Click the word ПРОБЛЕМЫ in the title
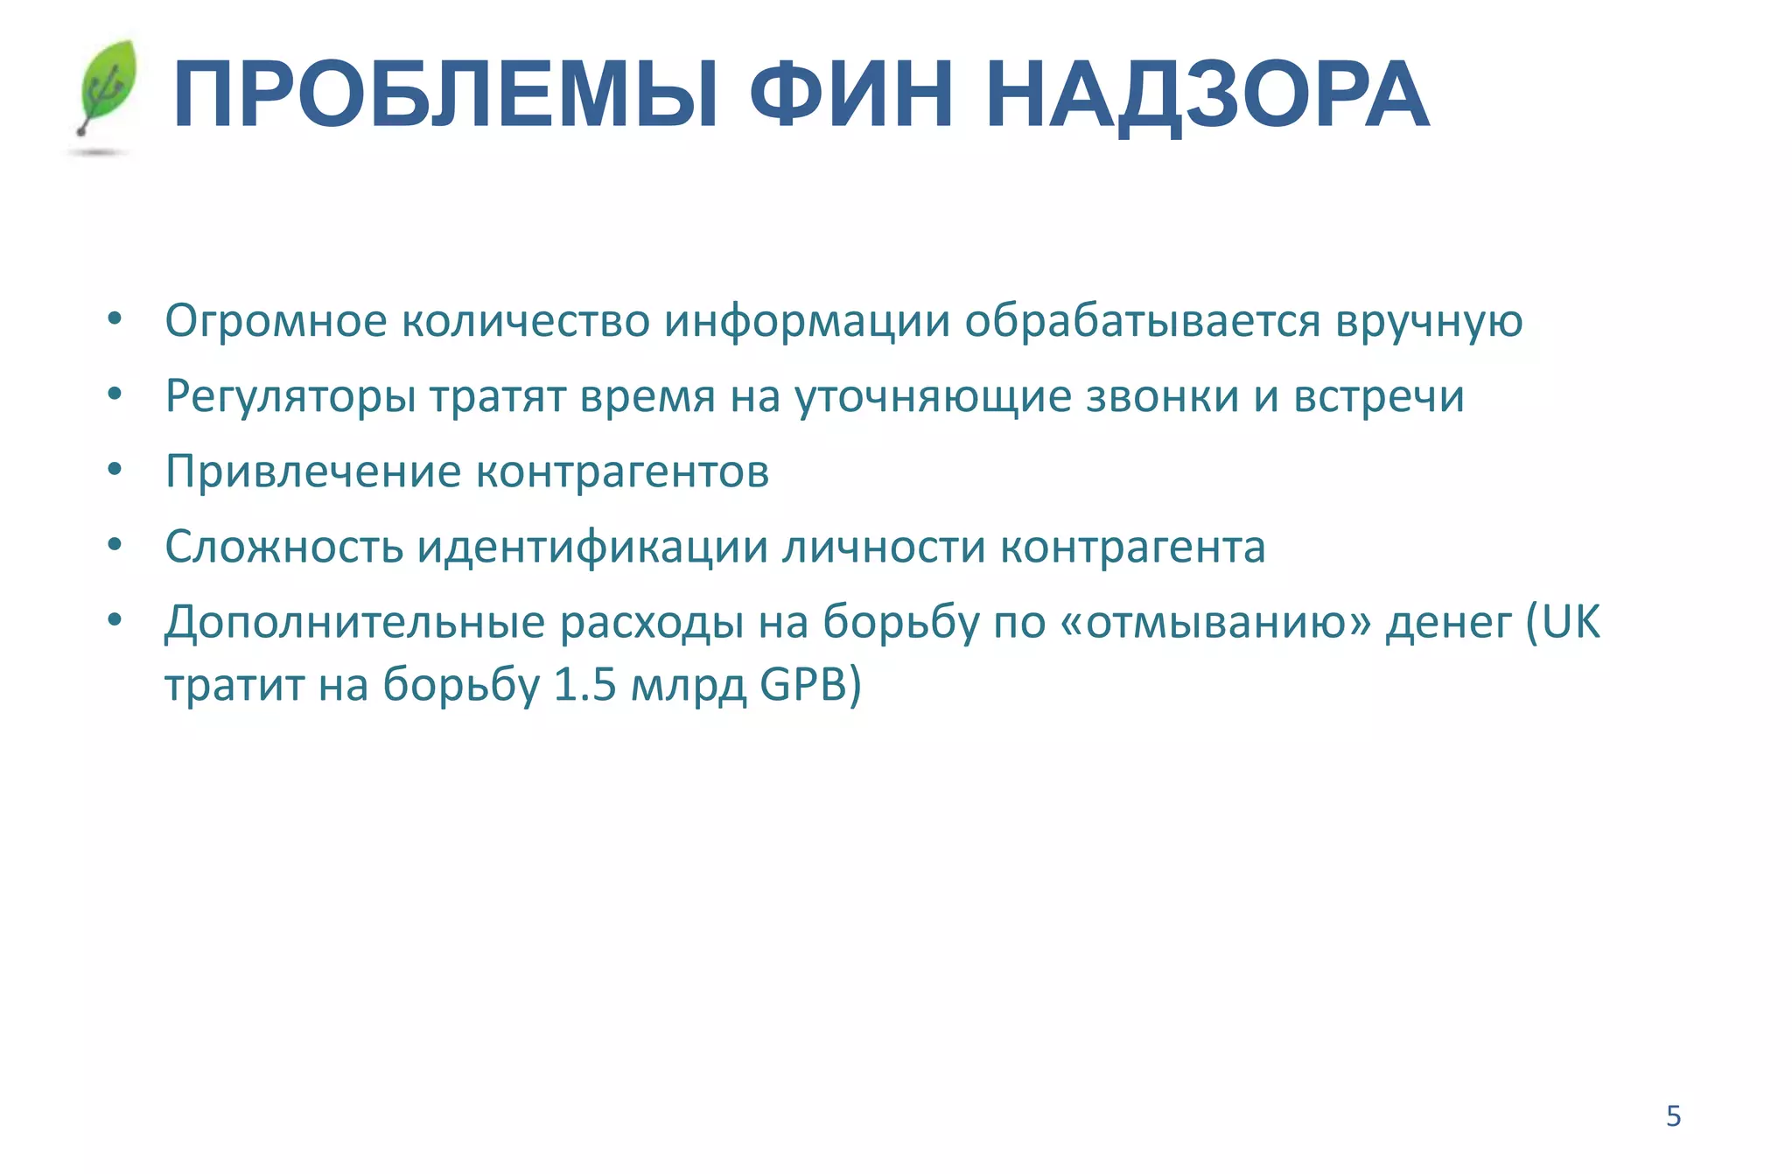tap(445, 95)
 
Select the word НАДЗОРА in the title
tap(1207, 95)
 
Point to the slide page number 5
tap(1673, 1116)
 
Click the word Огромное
tap(276, 321)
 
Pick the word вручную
tap(1429, 321)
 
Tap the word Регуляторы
tap(290, 396)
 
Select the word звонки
tap(1163, 396)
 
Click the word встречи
tap(1379, 396)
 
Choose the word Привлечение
tap(313, 472)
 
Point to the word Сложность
tap(283, 547)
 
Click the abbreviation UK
tap(1571, 623)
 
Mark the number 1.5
tap(585, 685)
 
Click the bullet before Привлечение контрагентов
tap(115, 470)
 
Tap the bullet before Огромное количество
tap(115, 319)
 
